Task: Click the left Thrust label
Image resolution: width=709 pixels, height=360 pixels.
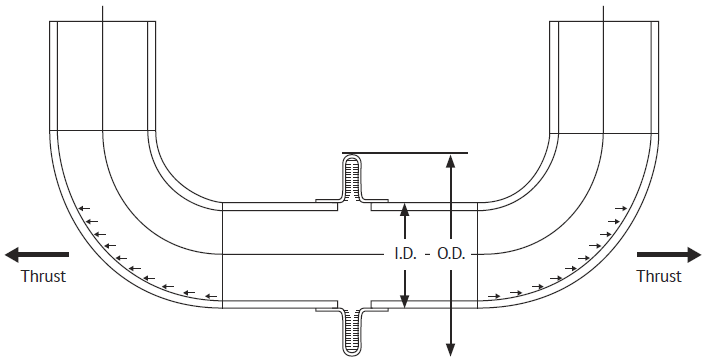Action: (x=43, y=276)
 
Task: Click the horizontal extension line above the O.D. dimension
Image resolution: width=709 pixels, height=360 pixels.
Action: (x=405, y=153)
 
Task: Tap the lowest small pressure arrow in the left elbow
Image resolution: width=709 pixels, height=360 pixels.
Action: (x=211, y=296)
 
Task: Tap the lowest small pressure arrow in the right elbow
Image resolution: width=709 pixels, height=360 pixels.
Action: (x=493, y=296)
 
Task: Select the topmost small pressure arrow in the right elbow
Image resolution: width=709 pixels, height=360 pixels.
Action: (x=622, y=207)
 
